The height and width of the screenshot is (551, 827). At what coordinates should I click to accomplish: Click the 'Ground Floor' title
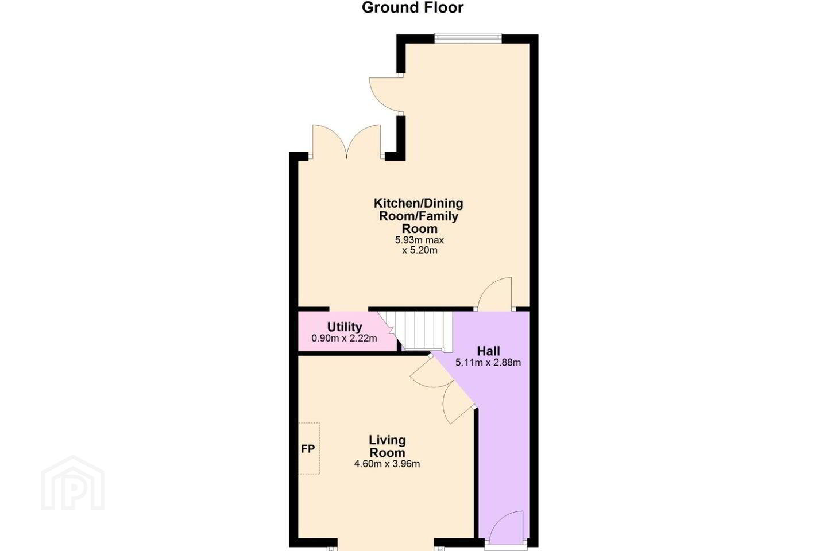pos(412,8)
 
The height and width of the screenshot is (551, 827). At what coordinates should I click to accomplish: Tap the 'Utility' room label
pos(345,327)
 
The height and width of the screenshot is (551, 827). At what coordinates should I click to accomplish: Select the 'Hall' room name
pos(488,351)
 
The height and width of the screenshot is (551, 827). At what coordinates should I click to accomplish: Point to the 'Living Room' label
pos(387,446)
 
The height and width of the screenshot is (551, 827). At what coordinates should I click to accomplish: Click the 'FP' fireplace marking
pos(308,449)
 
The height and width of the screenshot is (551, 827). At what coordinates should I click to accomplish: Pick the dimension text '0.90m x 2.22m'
pos(344,338)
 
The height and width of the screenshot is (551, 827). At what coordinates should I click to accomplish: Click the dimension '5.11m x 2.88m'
pos(488,362)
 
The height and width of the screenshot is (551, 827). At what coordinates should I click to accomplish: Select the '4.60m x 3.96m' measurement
pos(387,464)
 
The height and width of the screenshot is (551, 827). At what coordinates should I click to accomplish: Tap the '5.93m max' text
pos(419,240)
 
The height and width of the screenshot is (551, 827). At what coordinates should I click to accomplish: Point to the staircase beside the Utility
pos(417,331)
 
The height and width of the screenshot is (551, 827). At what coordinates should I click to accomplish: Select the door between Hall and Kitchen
pos(494,293)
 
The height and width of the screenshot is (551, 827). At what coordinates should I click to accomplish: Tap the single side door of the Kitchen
pos(386,94)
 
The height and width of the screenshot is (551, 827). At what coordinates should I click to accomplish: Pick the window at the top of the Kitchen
pos(467,37)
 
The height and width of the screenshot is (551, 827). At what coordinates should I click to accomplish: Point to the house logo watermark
pos(73,483)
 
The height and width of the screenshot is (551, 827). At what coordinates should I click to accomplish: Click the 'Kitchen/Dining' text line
pos(418,203)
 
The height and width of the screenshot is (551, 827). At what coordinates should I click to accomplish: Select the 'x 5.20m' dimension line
pos(419,250)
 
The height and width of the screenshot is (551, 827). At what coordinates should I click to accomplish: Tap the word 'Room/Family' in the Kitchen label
pos(419,216)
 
